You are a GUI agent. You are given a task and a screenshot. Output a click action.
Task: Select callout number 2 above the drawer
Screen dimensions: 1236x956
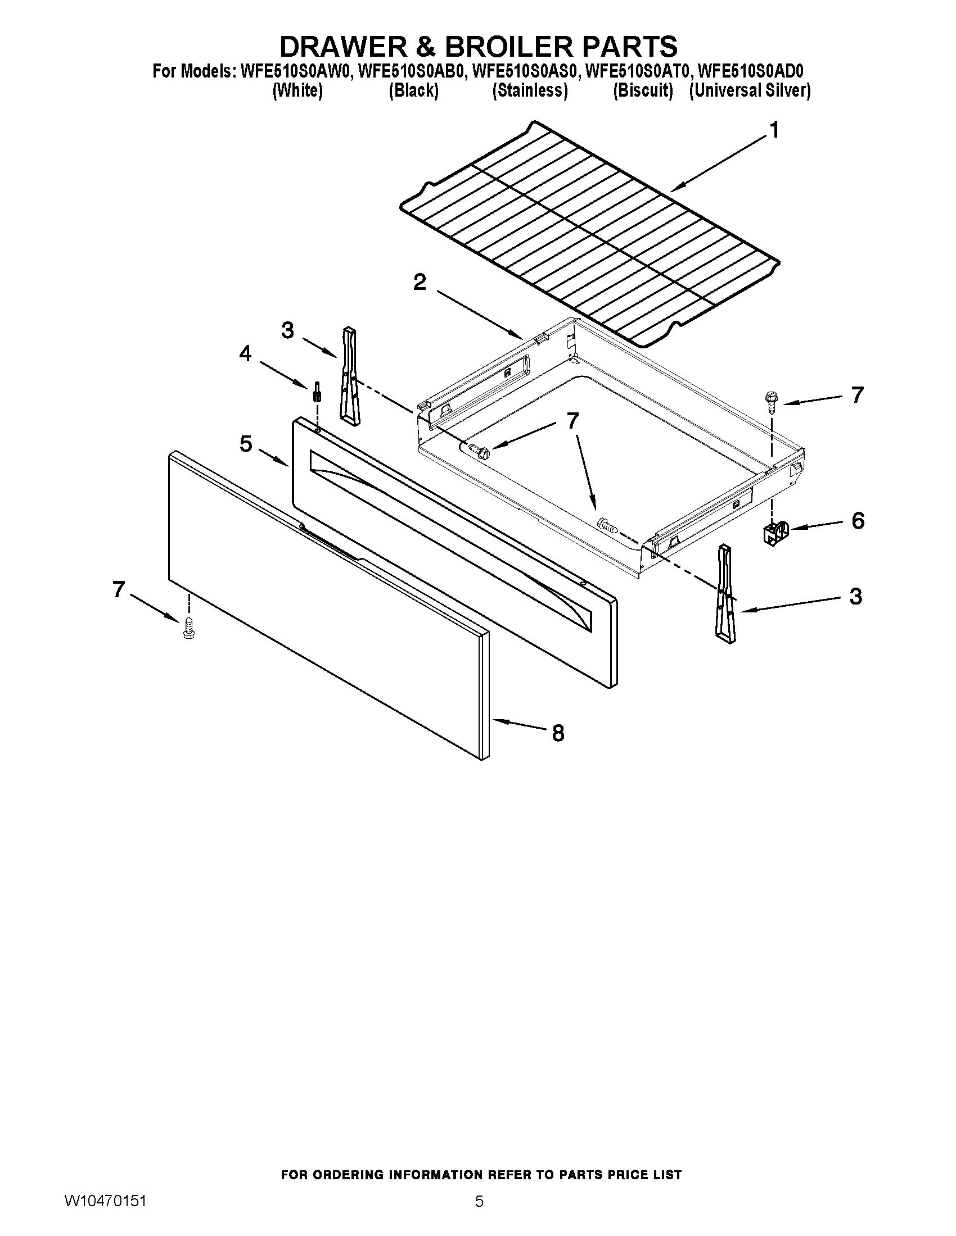[420, 282]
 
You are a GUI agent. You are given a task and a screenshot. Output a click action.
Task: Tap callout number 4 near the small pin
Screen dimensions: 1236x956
[245, 354]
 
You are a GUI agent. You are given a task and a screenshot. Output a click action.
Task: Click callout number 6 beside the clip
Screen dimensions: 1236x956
[858, 520]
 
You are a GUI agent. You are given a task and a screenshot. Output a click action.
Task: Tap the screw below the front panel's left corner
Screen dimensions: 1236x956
[188, 629]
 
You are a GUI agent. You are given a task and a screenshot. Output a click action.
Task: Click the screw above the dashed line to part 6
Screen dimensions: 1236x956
[772, 400]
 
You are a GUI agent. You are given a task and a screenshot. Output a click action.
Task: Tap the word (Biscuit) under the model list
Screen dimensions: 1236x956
[643, 90]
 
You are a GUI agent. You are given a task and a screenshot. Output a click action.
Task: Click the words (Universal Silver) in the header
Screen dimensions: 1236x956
[750, 90]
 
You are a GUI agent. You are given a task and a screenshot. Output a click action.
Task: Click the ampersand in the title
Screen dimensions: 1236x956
[425, 46]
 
